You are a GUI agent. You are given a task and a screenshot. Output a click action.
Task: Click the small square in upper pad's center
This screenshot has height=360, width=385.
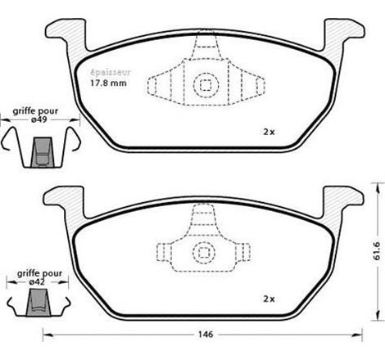(x=203, y=83)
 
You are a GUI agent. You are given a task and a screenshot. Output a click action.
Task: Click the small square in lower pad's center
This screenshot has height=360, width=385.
(x=203, y=251)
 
